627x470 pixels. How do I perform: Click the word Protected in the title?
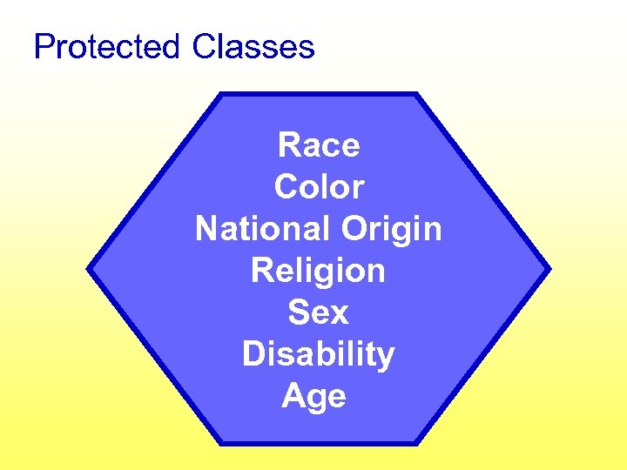[x=106, y=46]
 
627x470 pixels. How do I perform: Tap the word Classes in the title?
[x=253, y=46]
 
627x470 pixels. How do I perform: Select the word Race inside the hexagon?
[x=319, y=145]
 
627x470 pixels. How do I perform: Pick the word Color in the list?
[x=319, y=187]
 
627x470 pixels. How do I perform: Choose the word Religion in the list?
[x=319, y=272]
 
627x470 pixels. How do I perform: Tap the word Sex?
[x=319, y=312]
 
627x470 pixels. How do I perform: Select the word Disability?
[x=319, y=355]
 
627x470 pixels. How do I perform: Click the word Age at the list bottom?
[x=314, y=398]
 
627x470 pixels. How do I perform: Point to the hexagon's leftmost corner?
[x=88, y=269]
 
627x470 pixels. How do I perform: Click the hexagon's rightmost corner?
[x=549, y=269]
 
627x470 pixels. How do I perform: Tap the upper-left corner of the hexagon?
[x=219, y=94]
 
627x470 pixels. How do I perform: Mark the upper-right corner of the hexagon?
[x=417, y=94]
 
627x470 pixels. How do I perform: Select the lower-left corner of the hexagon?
[x=219, y=444]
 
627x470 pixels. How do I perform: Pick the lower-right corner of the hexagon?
[x=417, y=444]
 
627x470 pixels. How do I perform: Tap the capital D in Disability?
[x=253, y=354]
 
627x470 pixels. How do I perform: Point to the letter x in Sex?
[x=340, y=313]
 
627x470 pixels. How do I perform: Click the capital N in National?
[x=207, y=229]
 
